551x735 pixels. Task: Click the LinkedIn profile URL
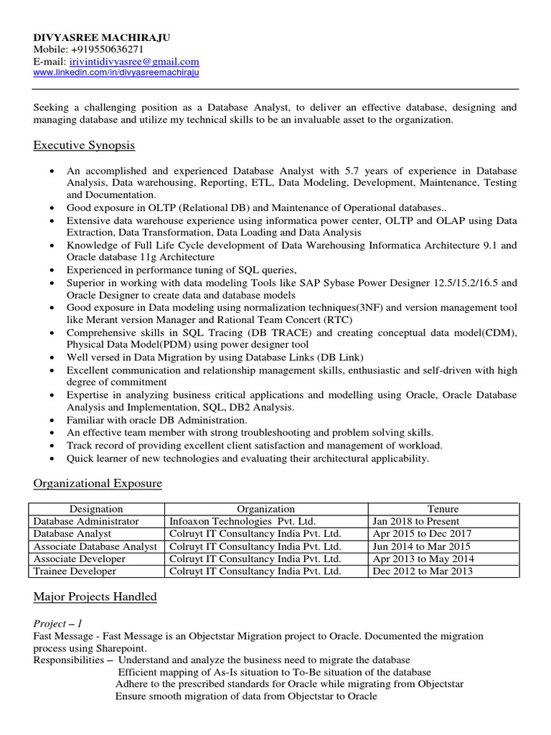click(x=116, y=72)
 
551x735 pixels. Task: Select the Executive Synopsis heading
click(x=84, y=146)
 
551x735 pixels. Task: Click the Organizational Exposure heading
click(x=98, y=484)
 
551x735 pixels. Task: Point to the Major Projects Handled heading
click(x=95, y=596)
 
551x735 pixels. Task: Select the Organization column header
click(x=266, y=509)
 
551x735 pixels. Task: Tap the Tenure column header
click(x=443, y=509)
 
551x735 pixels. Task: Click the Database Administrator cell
click(x=87, y=521)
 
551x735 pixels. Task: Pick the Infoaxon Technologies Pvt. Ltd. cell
click(x=242, y=521)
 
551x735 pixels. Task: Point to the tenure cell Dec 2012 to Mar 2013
click(x=423, y=571)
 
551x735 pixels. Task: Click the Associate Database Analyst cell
click(x=95, y=546)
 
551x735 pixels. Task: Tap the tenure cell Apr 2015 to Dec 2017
click(x=423, y=534)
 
